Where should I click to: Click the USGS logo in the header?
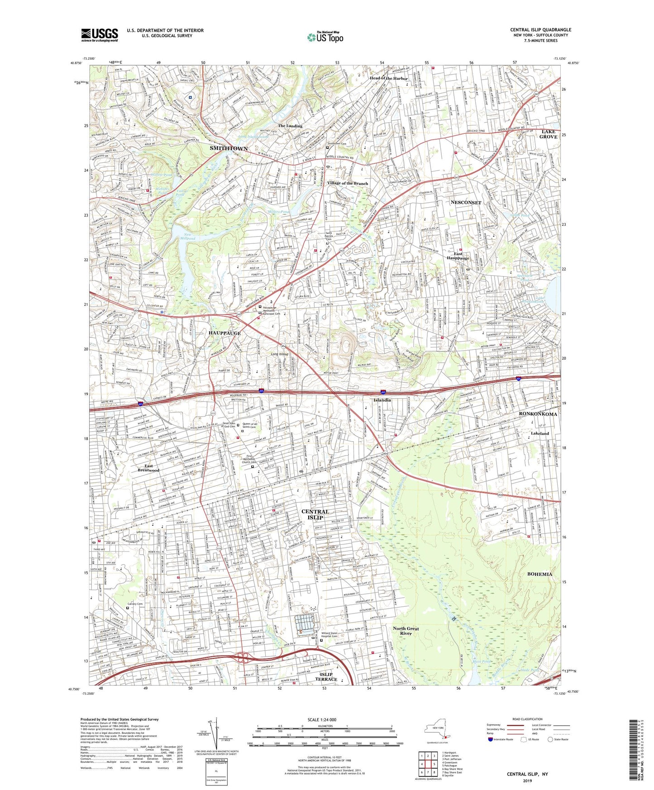click(x=99, y=34)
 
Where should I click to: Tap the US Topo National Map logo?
click(x=325, y=37)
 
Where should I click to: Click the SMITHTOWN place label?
click(x=229, y=148)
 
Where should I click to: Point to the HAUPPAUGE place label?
click(x=224, y=333)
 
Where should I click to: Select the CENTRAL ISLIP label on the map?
click(x=315, y=514)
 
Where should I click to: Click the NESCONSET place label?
click(x=466, y=202)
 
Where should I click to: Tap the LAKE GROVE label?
click(x=549, y=134)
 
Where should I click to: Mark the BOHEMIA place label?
click(x=539, y=574)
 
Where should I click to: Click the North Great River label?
click(x=406, y=631)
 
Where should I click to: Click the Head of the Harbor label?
click(x=388, y=78)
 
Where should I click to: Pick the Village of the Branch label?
click(x=348, y=183)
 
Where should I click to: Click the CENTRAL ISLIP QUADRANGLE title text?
click(x=540, y=30)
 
